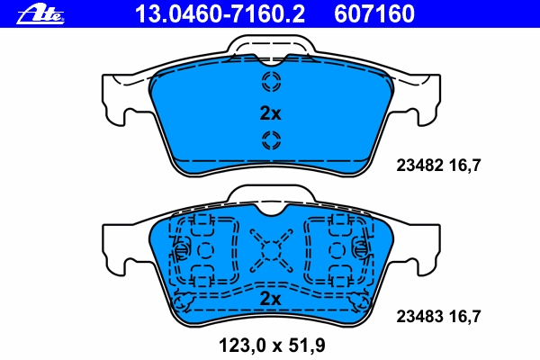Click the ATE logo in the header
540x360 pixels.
point(40,15)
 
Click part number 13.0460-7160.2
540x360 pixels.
point(220,14)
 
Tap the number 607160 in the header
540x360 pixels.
point(374,14)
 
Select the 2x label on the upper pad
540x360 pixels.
point(270,113)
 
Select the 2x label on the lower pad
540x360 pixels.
point(270,298)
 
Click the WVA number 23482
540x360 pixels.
point(419,166)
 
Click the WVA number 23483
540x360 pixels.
point(419,316)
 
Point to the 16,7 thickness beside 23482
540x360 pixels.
point(464,166)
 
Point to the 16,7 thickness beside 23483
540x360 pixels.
point(464,316)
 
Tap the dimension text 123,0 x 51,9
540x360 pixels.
point(272,346)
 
